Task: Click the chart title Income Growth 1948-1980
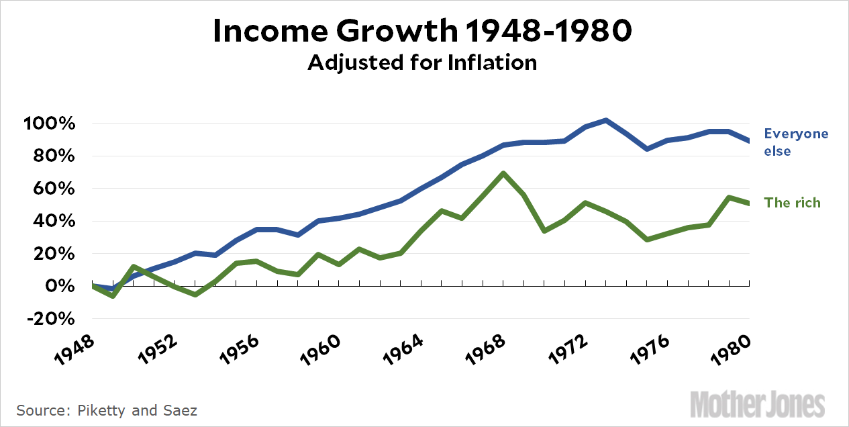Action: pos(423,32)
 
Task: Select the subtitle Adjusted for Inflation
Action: pos(423,62)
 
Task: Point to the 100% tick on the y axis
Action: pos(51,124)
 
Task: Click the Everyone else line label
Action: pos(796,142)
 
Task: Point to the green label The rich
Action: pos(793,203)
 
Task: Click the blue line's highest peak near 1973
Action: pos(606,121)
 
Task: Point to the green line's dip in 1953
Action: pos(195,294)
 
